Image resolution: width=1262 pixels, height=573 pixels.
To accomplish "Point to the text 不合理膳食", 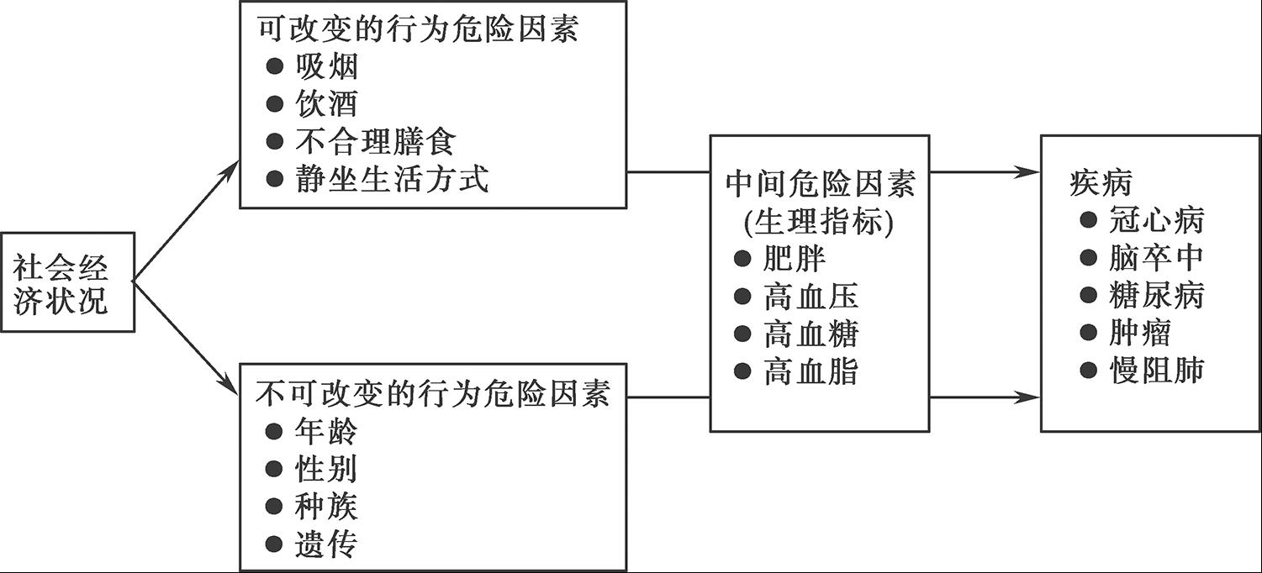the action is tap(375, 141).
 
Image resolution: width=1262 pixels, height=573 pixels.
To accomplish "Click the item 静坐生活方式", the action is tap(392, 179).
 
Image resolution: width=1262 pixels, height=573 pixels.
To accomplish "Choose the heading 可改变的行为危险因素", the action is tap(418, 29).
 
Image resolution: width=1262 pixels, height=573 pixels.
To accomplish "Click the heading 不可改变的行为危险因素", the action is tap(433, 393).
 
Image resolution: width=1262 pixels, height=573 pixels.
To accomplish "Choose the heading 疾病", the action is tap(1101, 183).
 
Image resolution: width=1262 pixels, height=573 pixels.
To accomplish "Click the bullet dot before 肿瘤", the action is tap(1089, 332).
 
